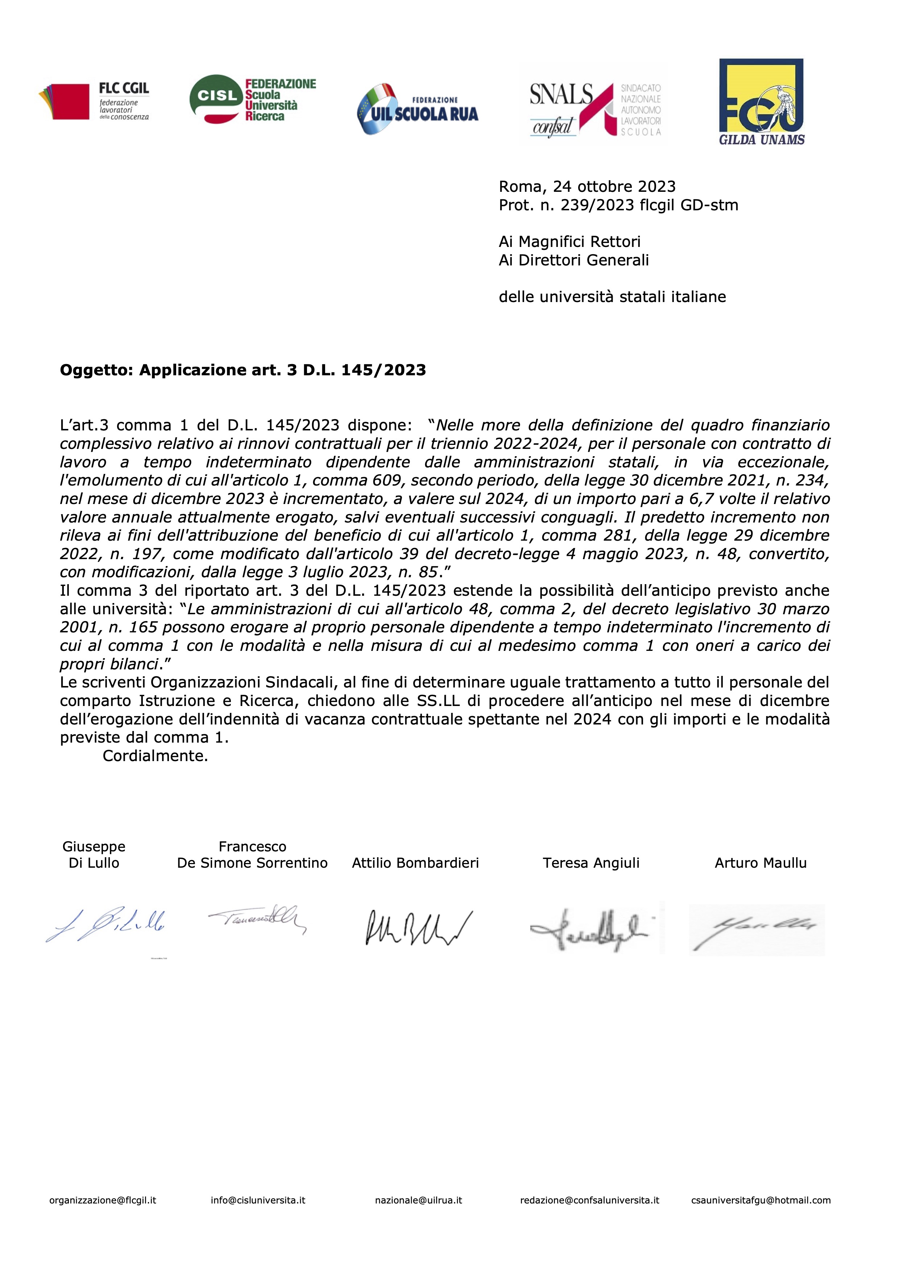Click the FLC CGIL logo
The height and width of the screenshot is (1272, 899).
pos(94,102)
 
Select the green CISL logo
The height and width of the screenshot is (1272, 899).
pos(253,100)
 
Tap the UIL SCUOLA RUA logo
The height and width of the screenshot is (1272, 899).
pos(418,109)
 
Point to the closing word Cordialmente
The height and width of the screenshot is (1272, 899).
pos(155,756)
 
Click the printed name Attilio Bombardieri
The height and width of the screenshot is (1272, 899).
pos(415,863)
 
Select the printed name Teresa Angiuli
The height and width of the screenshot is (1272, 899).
pos(591,863)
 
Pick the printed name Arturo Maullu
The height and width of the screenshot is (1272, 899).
pos(761,863)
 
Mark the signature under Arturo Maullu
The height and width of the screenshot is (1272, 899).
pos(757,930)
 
